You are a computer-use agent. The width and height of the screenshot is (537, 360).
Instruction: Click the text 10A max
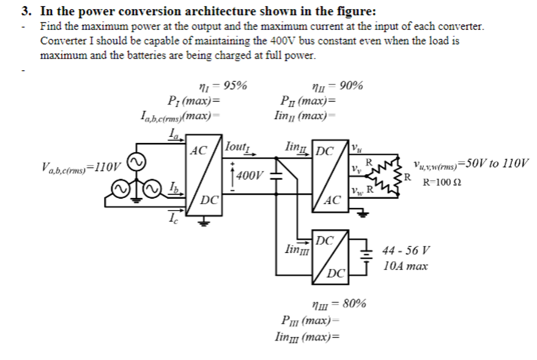(405, 266)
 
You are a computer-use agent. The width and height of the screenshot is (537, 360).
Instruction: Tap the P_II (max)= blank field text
(307, 101)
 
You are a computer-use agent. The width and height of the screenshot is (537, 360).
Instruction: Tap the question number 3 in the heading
(26, 11)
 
